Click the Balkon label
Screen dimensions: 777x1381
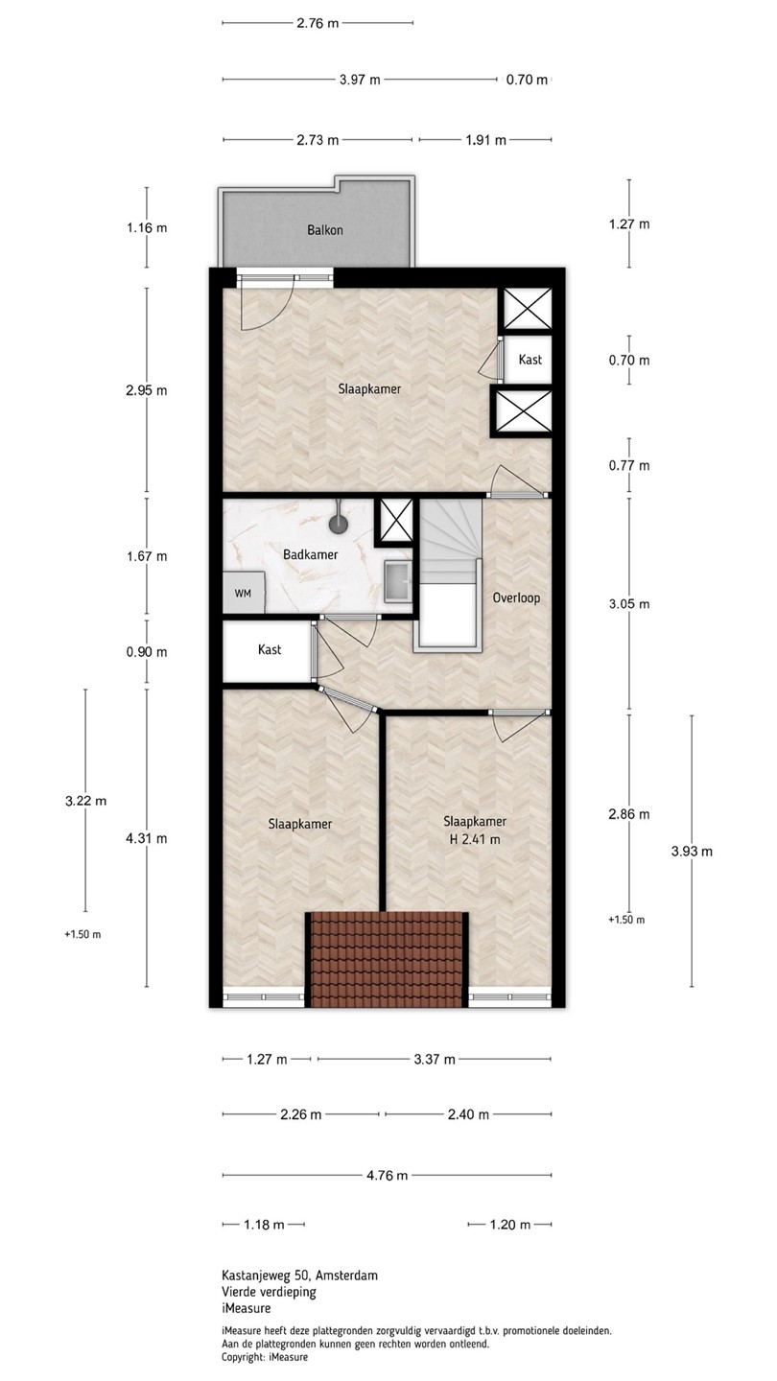pyautogui.click(x=325, y=230)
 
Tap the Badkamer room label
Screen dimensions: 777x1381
pyautogui.click(x=310, y=555)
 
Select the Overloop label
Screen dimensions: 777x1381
pyautogui.click(x=516, y=598)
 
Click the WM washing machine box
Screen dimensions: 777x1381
pyautogui.click(x=243, y=593)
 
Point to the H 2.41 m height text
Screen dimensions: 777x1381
pyautogui.click(x=473, y=839)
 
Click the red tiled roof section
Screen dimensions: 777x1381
pyautogui.click(x=386, y=959)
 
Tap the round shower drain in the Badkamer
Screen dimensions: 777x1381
pyautogui.click(x=338, y=525)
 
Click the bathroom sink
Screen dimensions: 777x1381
pyautogui.click(x=399, y=580)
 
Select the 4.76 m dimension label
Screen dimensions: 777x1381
pyautogui.click(x=388, y=1176)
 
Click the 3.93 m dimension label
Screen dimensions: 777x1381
pyautogui.click(x=692, y=852)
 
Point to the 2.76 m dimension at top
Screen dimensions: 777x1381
pyautogui.click(x=318, y=23)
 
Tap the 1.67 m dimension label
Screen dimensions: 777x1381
pyautogui.click(x=147, y=556)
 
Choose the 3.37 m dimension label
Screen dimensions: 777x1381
pyautogui.click(x=435, y=1059)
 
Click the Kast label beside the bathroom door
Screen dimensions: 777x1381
pyautogui.click(x=270, y=649)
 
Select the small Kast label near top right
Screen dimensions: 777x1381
pyautogui.click(x=530, y=359)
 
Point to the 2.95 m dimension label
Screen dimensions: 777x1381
pyautogui.click(x=147, y=390)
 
